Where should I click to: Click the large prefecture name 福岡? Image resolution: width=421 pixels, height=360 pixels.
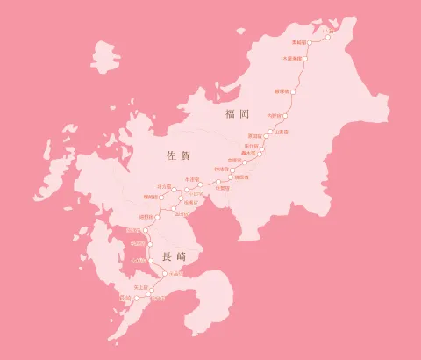point(238,114)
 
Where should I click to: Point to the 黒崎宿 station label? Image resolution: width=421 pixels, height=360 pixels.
point(300,41)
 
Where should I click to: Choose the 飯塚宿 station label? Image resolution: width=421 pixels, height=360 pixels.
point(282,90)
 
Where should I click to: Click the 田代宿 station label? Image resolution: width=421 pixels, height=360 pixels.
point(251,146)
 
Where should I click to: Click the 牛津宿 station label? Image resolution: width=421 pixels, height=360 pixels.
point(192,178)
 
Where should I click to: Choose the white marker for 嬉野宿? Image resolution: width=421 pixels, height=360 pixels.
point(158,216)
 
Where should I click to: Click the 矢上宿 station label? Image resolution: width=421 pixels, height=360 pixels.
point(139,286)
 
